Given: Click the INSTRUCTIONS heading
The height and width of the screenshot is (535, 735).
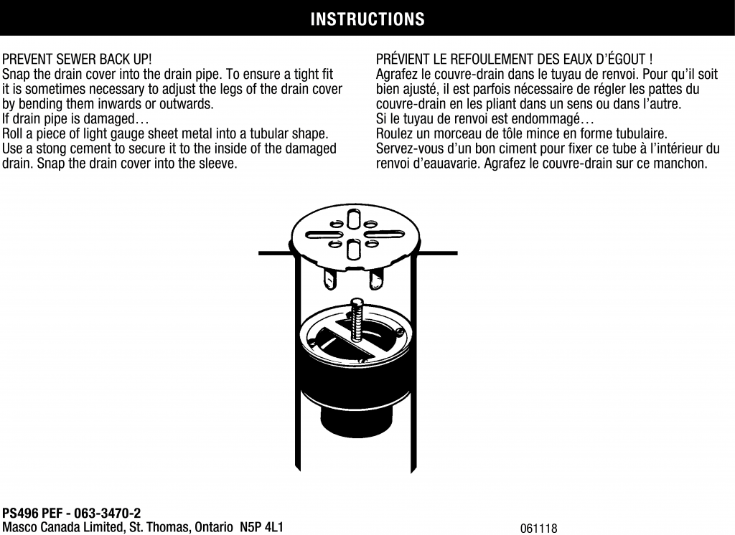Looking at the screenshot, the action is (367, 19).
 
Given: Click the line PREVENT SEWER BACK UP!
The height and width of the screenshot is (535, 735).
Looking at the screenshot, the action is (77, 60).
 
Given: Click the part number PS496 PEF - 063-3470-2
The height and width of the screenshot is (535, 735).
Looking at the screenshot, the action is (71, 513).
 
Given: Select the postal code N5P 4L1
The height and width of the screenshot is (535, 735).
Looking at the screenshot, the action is (261, 527).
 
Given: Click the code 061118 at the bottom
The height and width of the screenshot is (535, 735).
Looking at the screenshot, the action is (538, 529).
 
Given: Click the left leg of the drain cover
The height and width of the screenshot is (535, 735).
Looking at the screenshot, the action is (329, 279).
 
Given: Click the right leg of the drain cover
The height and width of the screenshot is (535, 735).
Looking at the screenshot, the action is (376, 279).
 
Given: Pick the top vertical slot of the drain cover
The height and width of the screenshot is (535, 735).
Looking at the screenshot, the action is (352, 219).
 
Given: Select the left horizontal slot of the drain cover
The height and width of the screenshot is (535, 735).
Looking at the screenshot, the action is (323, 235).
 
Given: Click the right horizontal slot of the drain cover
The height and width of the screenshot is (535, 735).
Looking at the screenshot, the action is (384, 235).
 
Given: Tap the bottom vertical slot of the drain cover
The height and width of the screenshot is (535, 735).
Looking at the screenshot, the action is (353, 249).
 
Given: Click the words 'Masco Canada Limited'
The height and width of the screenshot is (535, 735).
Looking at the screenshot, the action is (63, 527).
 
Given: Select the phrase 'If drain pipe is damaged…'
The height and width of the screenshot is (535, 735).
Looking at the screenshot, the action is (75, 119).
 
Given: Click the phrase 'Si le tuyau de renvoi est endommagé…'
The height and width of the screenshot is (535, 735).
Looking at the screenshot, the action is (484, 119).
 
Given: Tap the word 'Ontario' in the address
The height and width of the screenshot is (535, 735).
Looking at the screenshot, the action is (213, 527).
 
